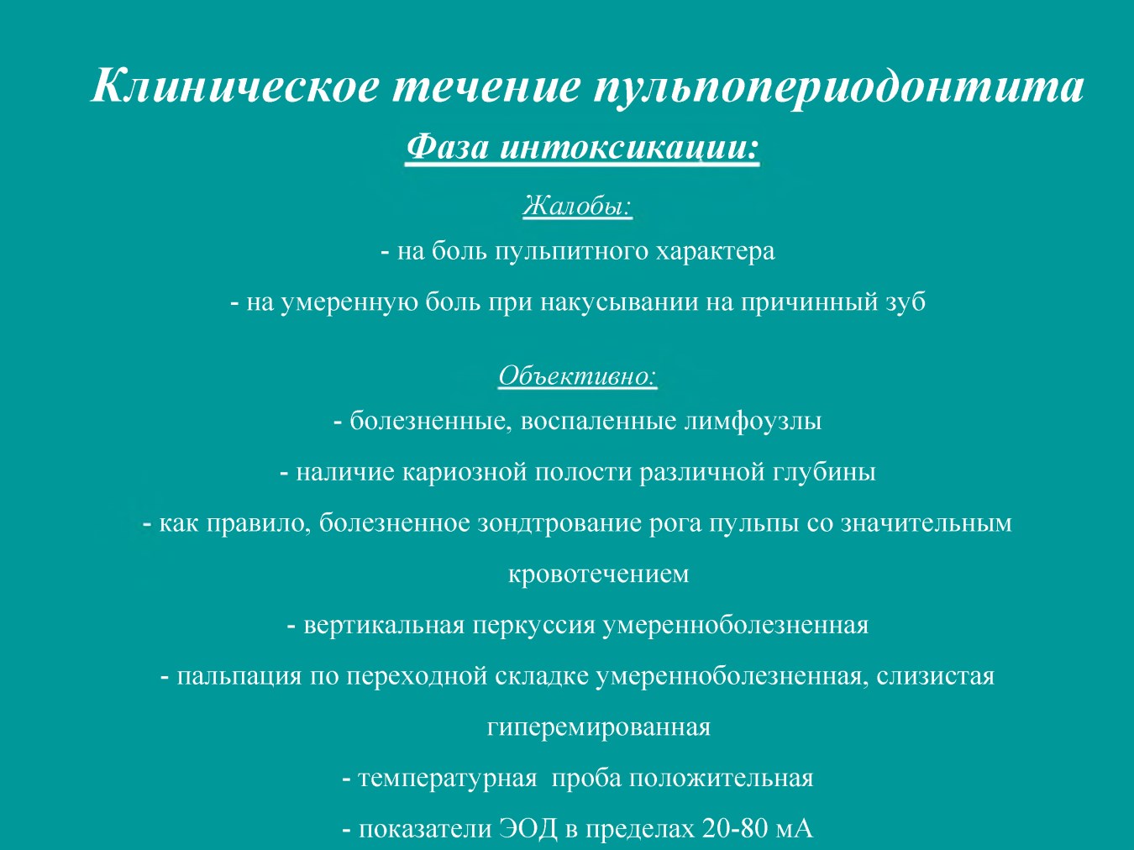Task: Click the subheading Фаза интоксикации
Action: [x=582, y=148]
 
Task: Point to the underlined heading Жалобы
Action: [x=578, y=207]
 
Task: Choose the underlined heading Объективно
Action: [x=578, y=376]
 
